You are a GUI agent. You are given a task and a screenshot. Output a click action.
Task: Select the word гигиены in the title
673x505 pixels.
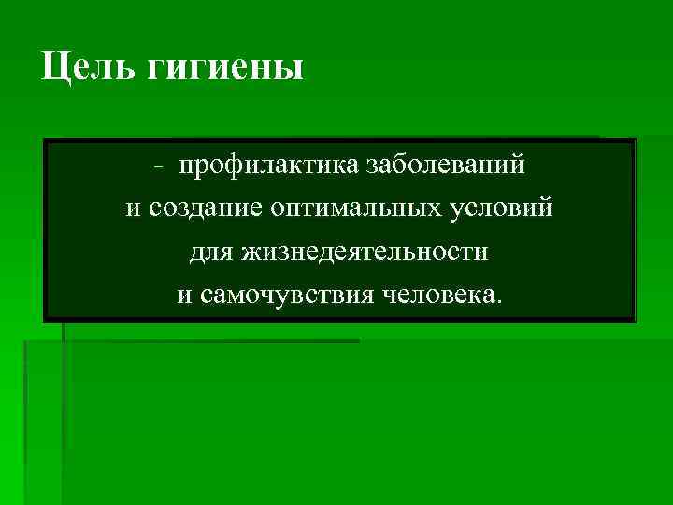(225, 67)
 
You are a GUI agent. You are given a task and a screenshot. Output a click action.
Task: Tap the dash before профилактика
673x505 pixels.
(160, 167)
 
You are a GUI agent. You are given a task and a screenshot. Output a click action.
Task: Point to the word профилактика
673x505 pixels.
(257, 166)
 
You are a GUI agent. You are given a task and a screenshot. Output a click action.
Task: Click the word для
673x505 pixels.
(211, 252)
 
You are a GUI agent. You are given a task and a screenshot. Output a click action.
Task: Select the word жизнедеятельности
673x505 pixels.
(365, 252)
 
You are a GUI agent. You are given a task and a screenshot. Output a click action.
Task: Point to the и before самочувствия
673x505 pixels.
(184, 295)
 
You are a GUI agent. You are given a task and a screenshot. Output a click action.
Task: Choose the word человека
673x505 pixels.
(438, 295)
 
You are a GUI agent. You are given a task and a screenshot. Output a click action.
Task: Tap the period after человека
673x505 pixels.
(499, 301)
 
